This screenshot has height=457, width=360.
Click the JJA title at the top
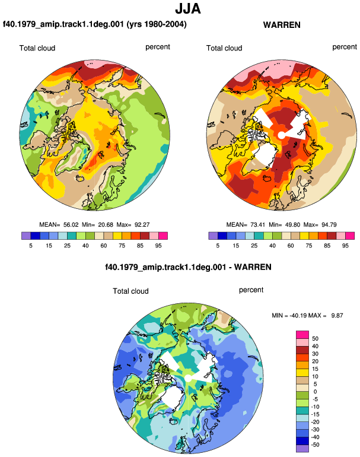pos(188,8)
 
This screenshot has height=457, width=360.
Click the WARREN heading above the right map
pos(282,25)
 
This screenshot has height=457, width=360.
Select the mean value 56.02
pos(71,225)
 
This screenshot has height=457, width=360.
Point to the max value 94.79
pos(329,225)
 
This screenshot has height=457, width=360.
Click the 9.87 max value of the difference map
pos(337,315)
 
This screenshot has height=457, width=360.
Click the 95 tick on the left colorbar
pos(158,246)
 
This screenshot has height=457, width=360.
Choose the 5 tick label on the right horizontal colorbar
pos(218,246)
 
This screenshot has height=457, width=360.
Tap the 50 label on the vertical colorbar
pos(315,339)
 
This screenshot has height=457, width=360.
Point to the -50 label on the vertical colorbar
pos(314,445)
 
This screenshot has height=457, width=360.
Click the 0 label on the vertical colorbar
pos(315,392)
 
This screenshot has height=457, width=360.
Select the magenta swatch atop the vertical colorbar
pos(302,335)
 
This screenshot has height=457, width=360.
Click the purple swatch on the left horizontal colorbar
pos(26,236)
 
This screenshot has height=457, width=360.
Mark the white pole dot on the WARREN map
pos(281,135)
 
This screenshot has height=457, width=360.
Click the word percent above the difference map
pos(251,290)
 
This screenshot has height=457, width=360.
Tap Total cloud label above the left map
pos(37,48)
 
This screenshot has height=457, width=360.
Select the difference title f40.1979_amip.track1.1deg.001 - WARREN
pos(188,267)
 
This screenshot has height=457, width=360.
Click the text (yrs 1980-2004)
pos(157,24)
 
